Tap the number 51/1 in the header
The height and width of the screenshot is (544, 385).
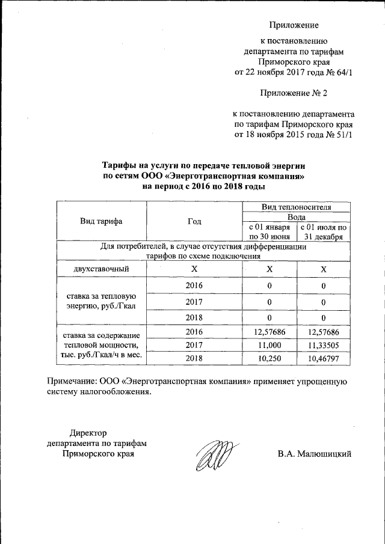pos(341,134)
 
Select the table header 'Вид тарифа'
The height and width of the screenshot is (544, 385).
pos(102,221)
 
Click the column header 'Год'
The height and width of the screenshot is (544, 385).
pos(194,221)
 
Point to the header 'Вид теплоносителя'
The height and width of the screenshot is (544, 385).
pos(296,207)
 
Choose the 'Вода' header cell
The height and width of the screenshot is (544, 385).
pos(296,216)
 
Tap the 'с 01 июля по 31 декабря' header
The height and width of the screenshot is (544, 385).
pos(324,231)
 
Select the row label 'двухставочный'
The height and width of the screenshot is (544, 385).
pos(102,269)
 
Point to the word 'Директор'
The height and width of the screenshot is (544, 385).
pos(88,433)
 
